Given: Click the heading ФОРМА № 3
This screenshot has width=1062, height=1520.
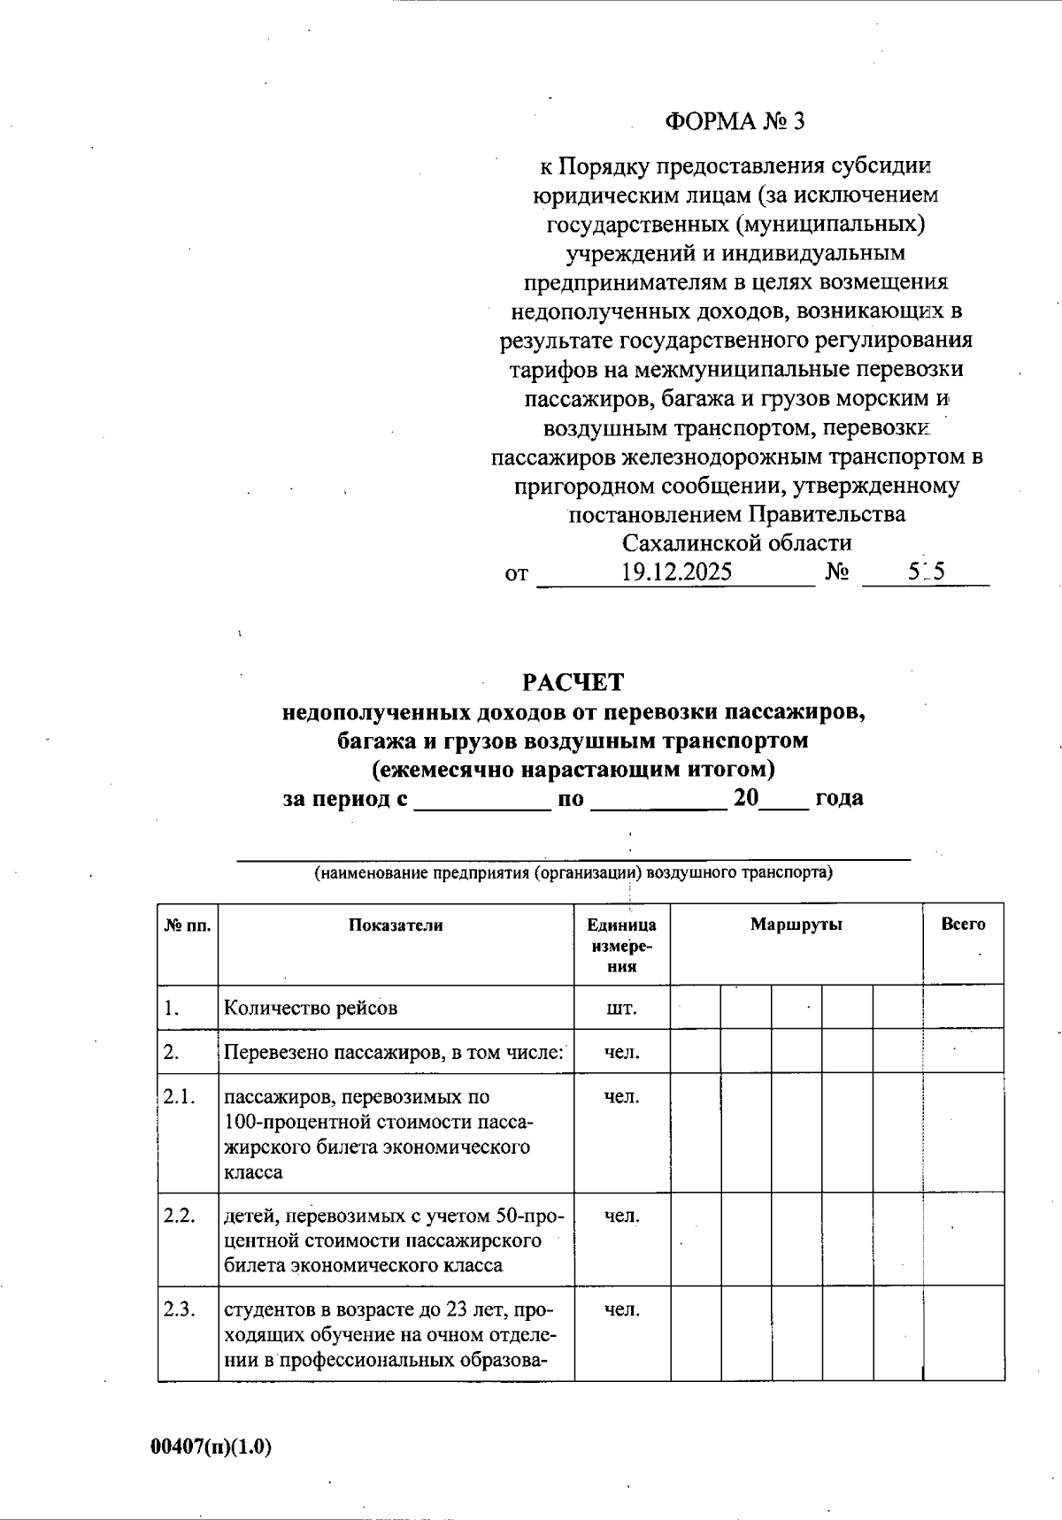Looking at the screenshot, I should click(735, 121).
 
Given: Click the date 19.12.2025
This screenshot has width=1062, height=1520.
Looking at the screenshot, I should click(676, 572).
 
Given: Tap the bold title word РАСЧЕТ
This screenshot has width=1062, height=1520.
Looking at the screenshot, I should click(573, 682).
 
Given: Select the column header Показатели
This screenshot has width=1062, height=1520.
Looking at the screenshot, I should click(396, 925).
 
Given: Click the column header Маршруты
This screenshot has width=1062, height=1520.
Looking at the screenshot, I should click(796, 925).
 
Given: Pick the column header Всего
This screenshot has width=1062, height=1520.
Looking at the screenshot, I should click(963, 925).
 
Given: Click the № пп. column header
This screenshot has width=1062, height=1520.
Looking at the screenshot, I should click(188, 925).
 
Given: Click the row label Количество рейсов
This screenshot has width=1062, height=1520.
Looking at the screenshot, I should click(311, 1008).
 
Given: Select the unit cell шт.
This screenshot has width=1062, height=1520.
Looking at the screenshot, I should click(621, 1008).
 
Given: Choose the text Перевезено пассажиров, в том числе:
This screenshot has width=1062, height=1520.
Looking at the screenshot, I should click(394, 1053).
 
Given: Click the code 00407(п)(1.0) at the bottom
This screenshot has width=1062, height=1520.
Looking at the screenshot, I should click(211, 1447).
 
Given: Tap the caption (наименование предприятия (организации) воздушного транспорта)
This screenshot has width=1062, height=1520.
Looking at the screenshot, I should click(573, 873).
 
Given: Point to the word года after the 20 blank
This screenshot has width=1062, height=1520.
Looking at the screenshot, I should click(839, 798).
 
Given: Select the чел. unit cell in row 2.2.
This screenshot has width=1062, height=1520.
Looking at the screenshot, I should click(621, 1217).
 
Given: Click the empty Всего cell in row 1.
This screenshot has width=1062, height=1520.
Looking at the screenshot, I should click(963, 1008).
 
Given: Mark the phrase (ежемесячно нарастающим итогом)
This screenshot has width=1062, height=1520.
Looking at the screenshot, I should click(573, 769).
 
